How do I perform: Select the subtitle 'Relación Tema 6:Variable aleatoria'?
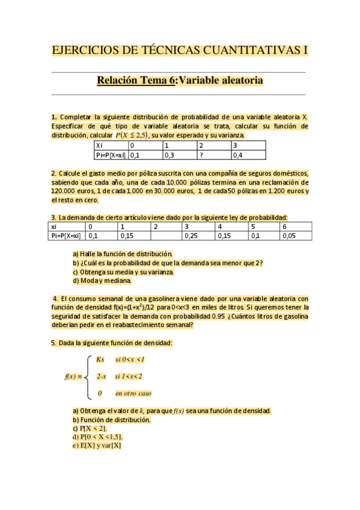[180, 81]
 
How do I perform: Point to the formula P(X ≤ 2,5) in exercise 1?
[127, 135]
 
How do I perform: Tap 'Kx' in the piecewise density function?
[100, 360]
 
